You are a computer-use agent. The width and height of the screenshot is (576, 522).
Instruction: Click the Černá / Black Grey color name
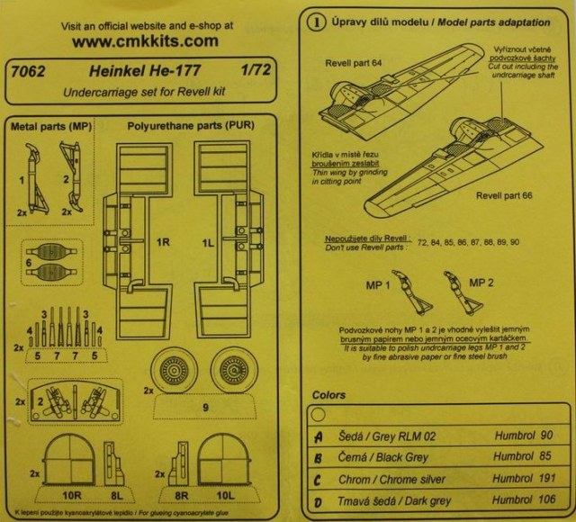[388, 456]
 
